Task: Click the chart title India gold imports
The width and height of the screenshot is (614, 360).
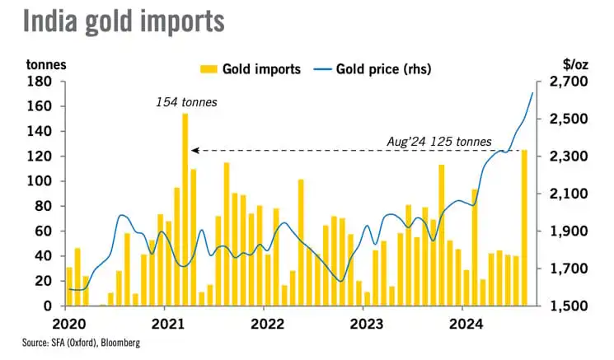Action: tap(124, 21)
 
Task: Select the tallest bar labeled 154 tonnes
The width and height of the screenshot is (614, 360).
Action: tap(185, 210)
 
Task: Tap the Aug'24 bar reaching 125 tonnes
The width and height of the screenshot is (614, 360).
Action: tap(524, 227)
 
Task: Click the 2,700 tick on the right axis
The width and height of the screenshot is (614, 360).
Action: tap(564, 82)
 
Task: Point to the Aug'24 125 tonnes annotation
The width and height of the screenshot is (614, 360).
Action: tap(439, 141)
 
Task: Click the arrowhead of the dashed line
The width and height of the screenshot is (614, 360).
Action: tap(194, 151)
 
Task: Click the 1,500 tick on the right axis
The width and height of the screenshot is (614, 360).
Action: tap(564, 306)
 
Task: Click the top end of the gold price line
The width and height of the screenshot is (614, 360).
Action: tap(532, 92)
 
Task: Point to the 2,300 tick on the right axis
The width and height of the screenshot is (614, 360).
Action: tap(564, 157)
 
